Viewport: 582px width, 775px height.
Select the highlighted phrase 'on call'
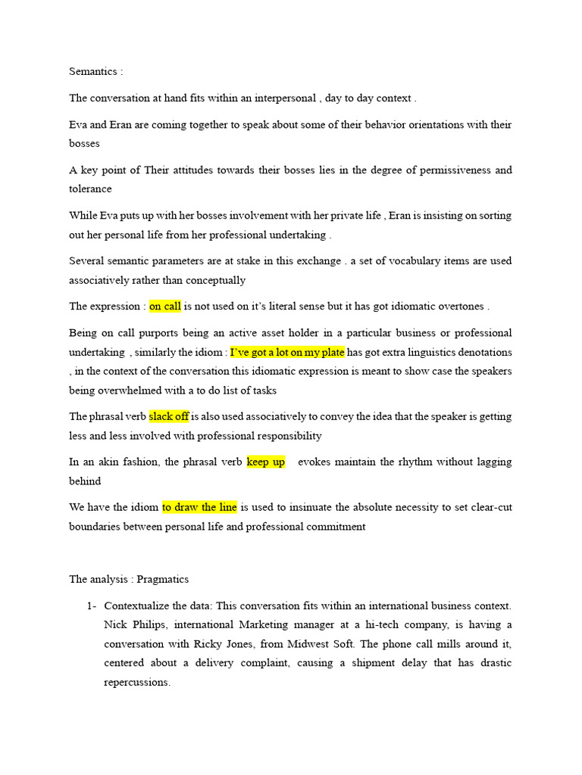[165, 307]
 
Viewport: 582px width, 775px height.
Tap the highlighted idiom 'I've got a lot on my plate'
[287, 352]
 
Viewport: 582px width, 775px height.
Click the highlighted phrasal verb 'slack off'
[169, 416]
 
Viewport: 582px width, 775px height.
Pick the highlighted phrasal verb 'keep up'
[266, 462]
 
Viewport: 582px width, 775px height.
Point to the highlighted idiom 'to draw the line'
[199, 507]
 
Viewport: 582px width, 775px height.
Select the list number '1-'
[92, 605]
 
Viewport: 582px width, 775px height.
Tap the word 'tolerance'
[90, 189]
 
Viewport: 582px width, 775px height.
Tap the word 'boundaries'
[95, 526]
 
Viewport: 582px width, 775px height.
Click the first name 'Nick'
[114, 624]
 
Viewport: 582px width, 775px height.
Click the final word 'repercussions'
[136, 682]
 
